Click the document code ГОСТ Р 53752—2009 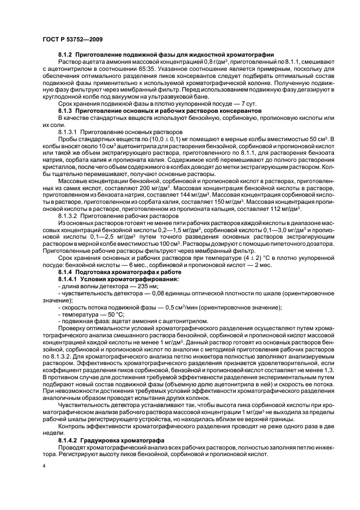tap(72, 39)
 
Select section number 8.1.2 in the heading tap(65, 55)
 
